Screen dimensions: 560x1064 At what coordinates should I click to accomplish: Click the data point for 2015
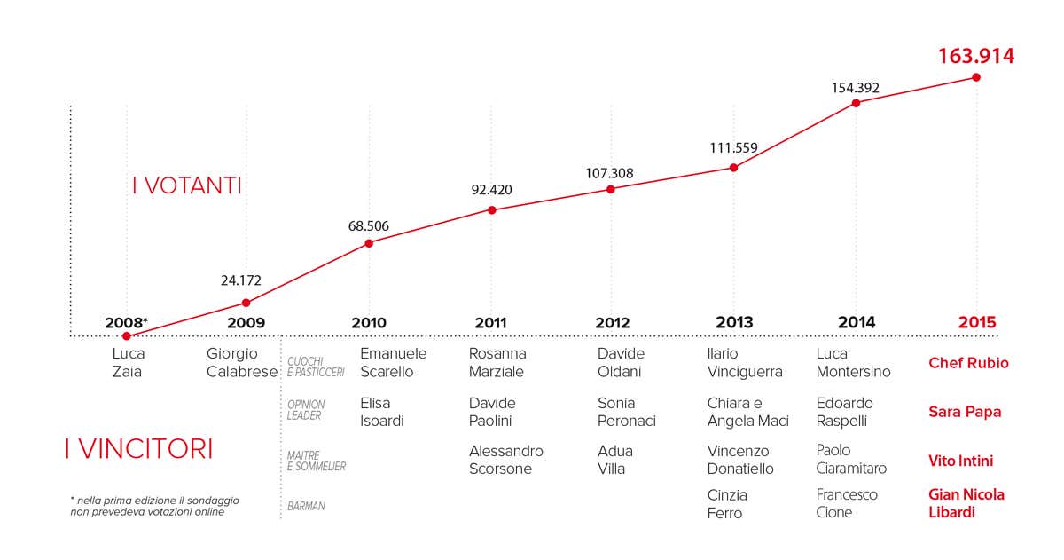[976, 77]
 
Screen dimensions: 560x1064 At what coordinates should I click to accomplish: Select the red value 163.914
[976, 57]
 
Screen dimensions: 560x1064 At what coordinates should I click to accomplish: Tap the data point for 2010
[369, 242]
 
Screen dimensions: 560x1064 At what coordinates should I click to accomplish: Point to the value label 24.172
[241, 280]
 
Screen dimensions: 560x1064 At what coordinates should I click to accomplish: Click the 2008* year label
[126, 323]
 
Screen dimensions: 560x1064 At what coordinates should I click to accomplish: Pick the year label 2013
[733, 323]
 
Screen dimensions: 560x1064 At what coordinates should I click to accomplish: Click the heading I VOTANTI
[186, 186]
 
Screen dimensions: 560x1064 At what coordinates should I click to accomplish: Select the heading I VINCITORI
[138, 449]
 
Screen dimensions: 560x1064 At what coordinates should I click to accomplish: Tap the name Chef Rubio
[968, 363]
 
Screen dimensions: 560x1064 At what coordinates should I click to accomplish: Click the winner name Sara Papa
[965, 412]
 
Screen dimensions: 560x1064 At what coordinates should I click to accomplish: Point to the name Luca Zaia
[129, 362]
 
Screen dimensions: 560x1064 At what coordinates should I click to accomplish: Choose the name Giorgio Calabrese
[242, 362]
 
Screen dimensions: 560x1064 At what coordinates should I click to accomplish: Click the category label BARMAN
[306, 506]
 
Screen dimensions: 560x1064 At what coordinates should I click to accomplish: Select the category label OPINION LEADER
[306, 410]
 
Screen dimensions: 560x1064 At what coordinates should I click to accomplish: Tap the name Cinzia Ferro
[727, 504]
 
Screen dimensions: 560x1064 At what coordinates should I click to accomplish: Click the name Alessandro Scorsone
[505, 460]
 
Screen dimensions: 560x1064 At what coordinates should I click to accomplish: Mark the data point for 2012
[611, 189]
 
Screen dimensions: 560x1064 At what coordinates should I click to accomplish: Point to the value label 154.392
[856, 88]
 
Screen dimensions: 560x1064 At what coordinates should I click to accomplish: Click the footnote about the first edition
[154, 506]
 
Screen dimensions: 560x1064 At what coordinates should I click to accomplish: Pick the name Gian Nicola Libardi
[966, 503]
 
